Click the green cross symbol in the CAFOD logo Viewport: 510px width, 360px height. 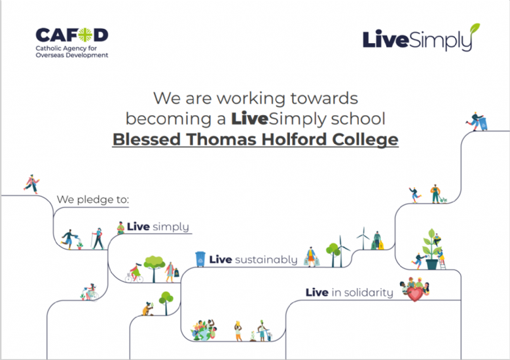86,35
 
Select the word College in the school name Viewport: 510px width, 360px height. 365,140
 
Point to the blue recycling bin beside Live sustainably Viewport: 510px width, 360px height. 200,259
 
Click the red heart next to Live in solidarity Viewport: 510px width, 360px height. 415,294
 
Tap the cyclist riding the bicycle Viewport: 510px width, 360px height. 134,273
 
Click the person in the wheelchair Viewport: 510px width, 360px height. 91,292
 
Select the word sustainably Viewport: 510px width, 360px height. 266,260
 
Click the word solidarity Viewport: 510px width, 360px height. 369,293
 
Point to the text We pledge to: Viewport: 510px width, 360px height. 93,200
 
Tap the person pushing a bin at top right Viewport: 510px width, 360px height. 477,121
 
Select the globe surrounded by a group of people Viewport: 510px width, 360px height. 204,330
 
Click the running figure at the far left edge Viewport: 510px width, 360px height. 31,184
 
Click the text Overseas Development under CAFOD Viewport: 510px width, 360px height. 72,55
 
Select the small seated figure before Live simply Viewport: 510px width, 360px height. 120,228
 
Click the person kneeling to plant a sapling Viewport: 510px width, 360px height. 149,309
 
